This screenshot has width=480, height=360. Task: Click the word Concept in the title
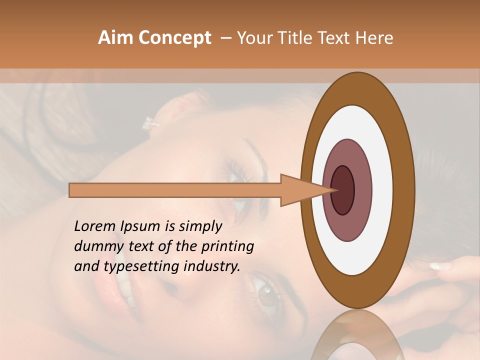pos(174,38)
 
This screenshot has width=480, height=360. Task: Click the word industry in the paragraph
pos(211,266)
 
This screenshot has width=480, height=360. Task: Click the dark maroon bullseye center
pos(343,190)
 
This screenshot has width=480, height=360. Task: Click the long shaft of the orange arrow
pos(175,190)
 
